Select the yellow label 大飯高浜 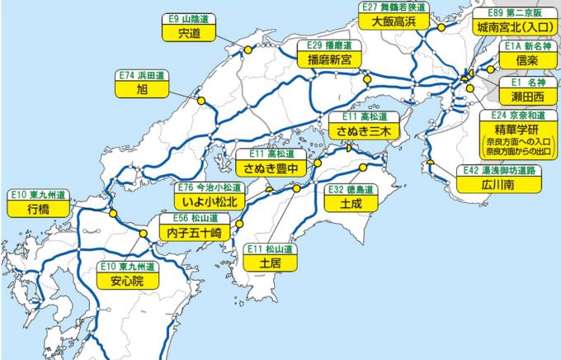tap(392, 21)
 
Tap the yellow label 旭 tap(144, 88)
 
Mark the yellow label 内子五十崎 tap(194, 234)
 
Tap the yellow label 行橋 tap(37, 209)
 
